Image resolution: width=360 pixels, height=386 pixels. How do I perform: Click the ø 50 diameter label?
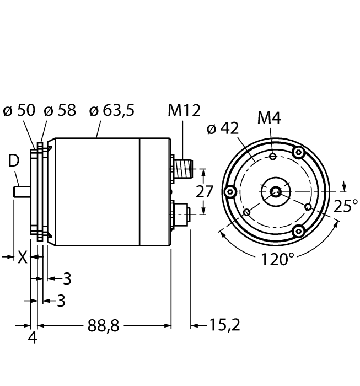[x=19, y=110]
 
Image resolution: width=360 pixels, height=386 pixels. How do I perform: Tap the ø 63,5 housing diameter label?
[x=111, y=110]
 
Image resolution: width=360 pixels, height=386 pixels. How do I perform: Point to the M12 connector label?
[x=184, y=111]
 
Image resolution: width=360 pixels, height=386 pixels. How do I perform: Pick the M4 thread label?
[x=269, y=118]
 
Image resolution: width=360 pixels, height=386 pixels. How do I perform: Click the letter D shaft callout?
[x=13, y=162]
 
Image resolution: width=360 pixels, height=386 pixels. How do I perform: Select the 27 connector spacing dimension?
[x=205, y=192]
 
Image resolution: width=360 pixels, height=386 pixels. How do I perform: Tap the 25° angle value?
[x=346, y=206]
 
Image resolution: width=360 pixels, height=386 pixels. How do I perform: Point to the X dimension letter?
[x=22, y=257]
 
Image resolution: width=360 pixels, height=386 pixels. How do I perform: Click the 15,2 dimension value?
[x=223, y=325]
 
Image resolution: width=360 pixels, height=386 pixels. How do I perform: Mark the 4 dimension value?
[x=33, y=337]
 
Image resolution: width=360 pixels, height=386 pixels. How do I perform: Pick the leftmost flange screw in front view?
[x=230, y=191]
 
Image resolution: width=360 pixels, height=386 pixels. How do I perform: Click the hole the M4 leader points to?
[x=273, y=157]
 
